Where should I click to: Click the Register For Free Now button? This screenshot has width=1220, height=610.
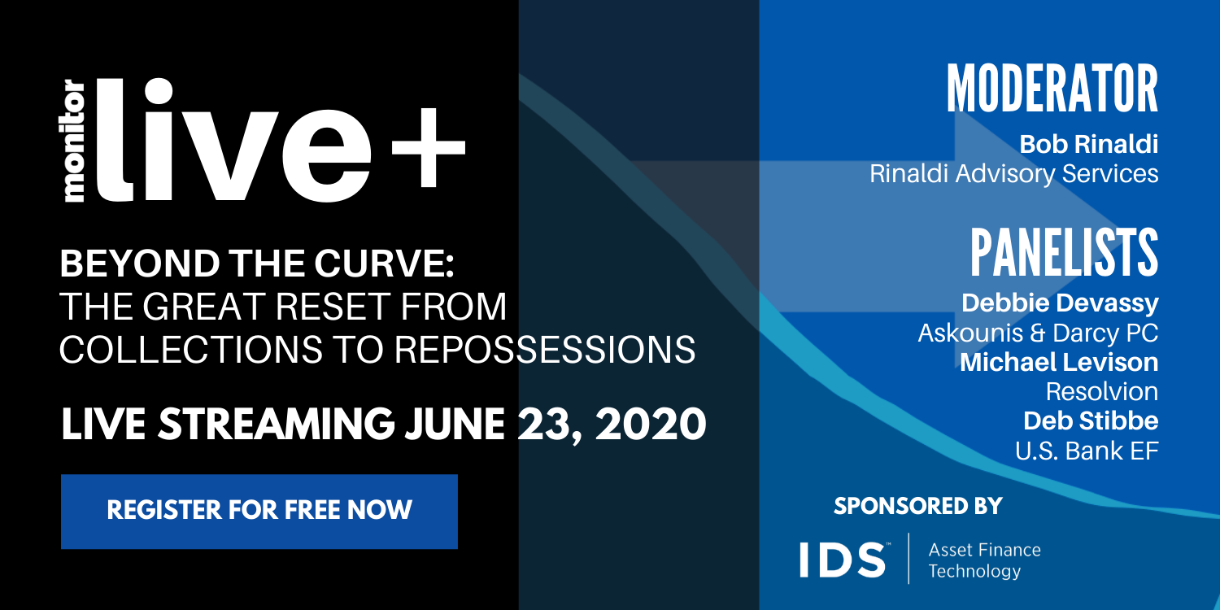(259, 512)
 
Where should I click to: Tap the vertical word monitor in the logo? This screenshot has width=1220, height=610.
(75, 141)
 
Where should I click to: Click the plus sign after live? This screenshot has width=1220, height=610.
(428, 147)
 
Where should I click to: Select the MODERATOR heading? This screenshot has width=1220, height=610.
(1052, 89)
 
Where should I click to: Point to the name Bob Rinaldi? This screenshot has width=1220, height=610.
(1089, 144)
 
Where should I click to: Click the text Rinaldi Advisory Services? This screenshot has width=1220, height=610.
(1013, 174)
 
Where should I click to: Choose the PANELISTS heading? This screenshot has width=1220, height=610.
(1064, 252)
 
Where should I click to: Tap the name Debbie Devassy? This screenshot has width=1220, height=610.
(1060, 303)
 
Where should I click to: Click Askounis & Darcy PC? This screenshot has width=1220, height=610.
(1038, 333)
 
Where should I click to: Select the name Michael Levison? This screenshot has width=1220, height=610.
(1059, 362)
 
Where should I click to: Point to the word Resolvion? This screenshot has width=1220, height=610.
(1102, 391)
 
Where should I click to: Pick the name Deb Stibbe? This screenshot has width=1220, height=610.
(1091, 421)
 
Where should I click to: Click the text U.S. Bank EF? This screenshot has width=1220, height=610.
(1087, 451)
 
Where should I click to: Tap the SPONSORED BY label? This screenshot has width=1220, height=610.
(917, 506)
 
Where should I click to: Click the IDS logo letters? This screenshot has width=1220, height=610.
(842, 560)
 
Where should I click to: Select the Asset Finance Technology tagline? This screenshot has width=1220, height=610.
(984, 560)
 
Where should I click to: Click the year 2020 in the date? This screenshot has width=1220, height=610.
(651, 425)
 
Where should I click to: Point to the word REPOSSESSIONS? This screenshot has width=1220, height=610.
(545, 349)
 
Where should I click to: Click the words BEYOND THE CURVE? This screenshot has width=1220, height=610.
(257, 264)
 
